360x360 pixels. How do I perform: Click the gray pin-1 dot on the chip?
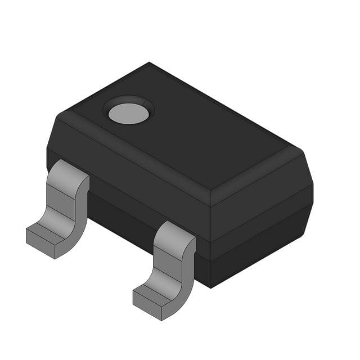(129, 113)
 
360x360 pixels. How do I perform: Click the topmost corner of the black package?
(149, 62)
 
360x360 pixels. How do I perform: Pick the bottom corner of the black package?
(211, 287)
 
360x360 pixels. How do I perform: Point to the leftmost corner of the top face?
(58, 115)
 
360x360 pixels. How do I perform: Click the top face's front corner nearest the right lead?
(210, 191)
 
